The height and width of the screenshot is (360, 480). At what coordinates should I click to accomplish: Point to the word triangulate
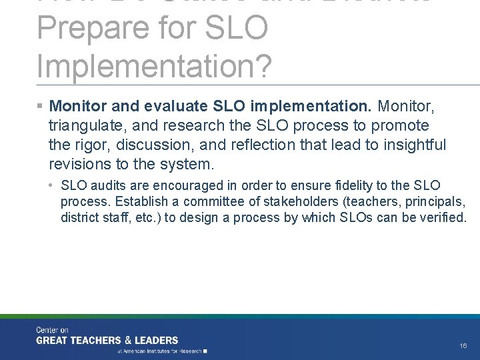coord(83,125)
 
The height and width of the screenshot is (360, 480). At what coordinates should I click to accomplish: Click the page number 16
coord(463,346)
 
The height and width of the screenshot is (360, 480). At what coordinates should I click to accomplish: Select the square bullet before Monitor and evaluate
coord(41,107)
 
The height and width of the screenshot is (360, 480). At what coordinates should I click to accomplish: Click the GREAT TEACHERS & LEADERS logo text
coord(107,340)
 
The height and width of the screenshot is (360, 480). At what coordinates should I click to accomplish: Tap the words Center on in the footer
coord(52,330)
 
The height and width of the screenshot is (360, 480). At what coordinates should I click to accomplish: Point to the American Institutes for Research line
coord(162,351)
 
